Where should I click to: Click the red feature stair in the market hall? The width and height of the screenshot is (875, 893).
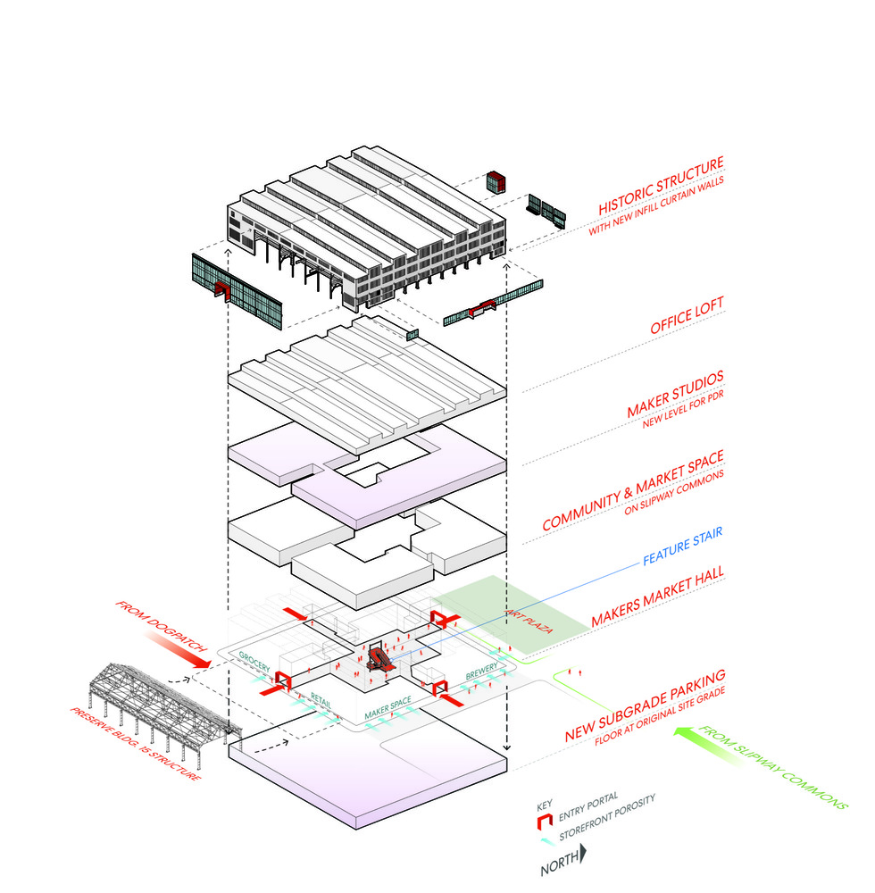(379, 659)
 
